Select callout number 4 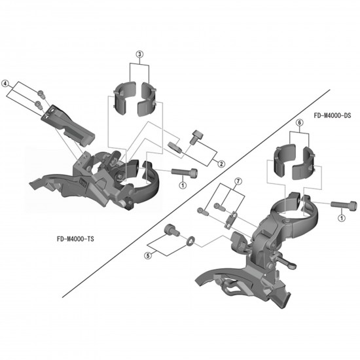(x=6, y=83)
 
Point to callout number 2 (x=221, y=164)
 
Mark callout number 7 (x=238, y=180)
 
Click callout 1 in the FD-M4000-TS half (x=181, y=186)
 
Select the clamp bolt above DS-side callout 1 (x=346, y=205)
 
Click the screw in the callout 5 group (x=172, y=230)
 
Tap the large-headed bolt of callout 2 (x=195, y=139)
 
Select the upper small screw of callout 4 (x=41, y=93)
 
